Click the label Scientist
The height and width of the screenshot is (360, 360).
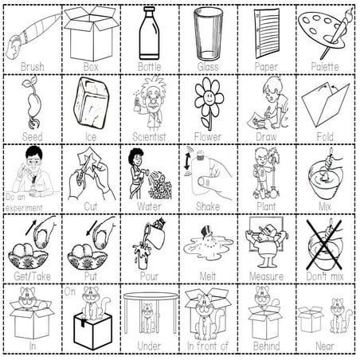tap(149, 136)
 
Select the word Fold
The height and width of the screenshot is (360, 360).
tap(324, 136)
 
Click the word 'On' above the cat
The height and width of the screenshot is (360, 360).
tap(70, 292)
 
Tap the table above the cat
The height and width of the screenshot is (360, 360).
tap(149, 296)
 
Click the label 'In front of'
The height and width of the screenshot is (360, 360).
tap(208, 347)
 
